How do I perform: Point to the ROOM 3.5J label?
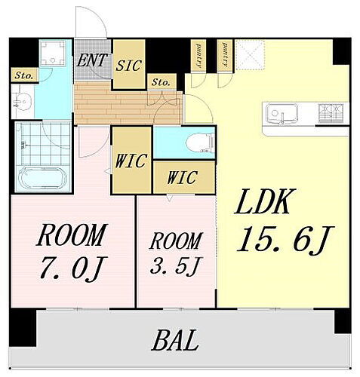pos(174,243)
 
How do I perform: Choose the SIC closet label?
pos(129,66)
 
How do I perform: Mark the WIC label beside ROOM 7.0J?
pos(131,161)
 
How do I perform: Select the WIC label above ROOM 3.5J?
pos(182,179)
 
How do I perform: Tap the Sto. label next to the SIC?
pos(161,81)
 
